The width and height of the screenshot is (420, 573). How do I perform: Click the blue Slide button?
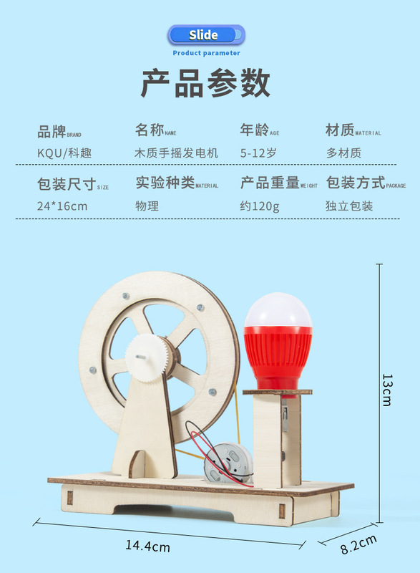tap(206, 35)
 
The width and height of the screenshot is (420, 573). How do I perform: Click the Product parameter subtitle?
tap(206, 53)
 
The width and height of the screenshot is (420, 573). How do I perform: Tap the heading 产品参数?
tap(205, 83)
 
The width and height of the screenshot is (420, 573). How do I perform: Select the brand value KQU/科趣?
tap(64, 153)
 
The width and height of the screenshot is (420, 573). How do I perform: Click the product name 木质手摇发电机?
tap(176, 153)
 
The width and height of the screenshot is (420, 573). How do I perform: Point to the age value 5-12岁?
tap(258, 153)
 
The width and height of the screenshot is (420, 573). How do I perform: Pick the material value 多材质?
tap(343, 153)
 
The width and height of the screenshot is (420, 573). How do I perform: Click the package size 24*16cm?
tap(62, 206)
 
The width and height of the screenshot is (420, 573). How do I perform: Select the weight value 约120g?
tap(260, 206)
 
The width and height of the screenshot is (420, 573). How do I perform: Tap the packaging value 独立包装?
tap(349, 206)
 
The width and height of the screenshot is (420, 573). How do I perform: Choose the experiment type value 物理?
tap(147, 206)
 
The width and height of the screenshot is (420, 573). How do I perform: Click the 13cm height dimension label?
tap(387, 390)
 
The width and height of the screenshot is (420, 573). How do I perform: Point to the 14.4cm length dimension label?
tap(148, 546)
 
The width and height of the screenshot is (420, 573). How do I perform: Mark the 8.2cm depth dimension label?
tap(358, 544)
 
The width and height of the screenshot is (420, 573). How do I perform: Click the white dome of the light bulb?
tap(278, 311)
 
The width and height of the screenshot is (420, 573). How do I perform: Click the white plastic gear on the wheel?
tap(147, 357)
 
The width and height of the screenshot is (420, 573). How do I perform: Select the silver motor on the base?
tap(229, 462)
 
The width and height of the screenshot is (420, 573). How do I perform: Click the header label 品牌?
tap(52, 132)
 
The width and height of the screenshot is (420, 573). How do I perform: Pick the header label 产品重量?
tap(270, 183)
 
